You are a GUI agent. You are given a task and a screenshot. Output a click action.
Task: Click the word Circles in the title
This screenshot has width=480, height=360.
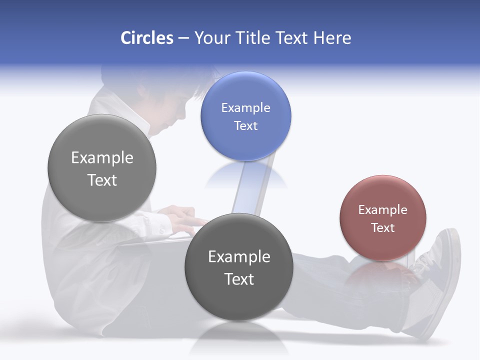pyautogui.click(x=146, y=38)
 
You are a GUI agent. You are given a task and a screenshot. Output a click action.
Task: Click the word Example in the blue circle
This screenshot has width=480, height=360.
pyautogui.click(x=245, y=108)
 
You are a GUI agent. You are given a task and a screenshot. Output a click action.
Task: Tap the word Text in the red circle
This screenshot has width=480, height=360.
pyautogui.click(x=382, y=228)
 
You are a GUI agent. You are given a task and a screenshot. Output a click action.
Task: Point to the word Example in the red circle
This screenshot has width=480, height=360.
pyautogui.click(x=382, y=210)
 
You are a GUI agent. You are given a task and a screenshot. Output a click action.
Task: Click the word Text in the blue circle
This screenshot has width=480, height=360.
pyautogui.click(x=245, y=126)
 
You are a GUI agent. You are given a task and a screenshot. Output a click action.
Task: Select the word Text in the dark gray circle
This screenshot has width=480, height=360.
pyautogui.click(x=239, y=279)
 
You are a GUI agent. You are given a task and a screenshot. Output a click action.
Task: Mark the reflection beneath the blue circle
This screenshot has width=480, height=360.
pyautogui.click(x=246, y=175)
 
